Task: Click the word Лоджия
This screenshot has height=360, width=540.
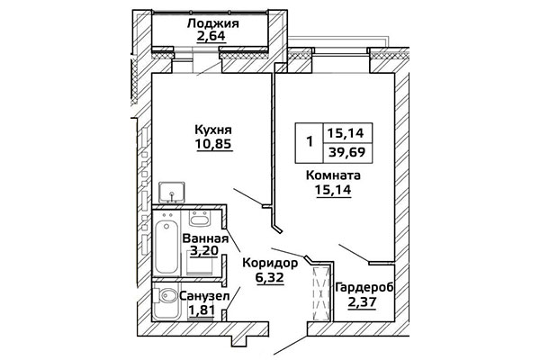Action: [213, 23]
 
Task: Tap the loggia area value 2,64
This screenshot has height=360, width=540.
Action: [213, 38]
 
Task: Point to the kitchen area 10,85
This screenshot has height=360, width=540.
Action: [213, 143]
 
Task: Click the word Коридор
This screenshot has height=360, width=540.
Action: [269, 263]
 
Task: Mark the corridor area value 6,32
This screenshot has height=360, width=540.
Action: [269, 278]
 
